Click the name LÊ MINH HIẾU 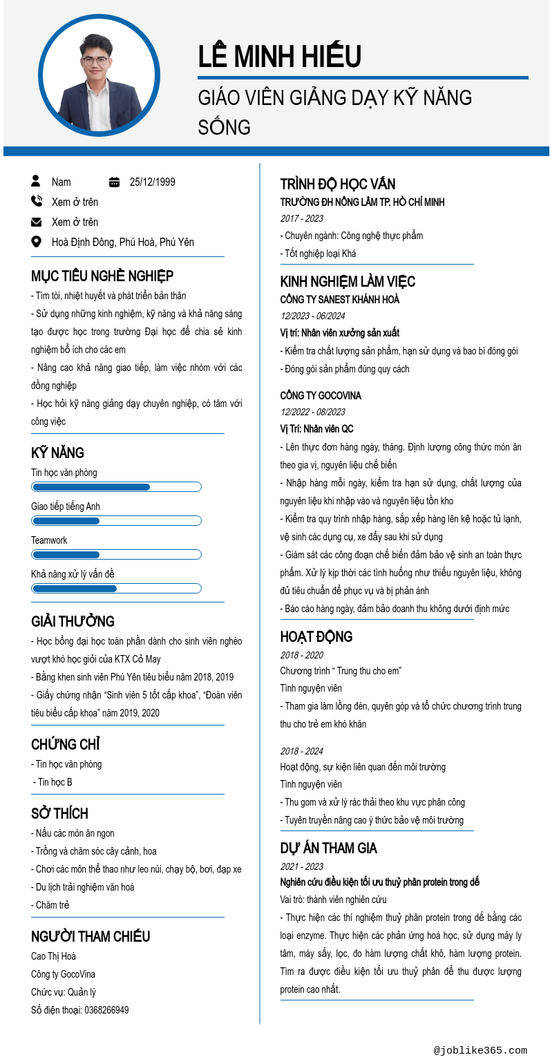coord(279,56)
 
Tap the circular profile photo coord(99,75)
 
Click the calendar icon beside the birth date coord(115,182)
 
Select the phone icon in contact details coord(37,202)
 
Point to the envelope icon coord(37,222)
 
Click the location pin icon coord(37,242)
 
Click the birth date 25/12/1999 coord(152,182)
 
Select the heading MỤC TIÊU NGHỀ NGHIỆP coord(102,276)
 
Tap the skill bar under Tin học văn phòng coord(116,487)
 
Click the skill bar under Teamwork coord(116,555)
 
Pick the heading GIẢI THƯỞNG coord(73,622)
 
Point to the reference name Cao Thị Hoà coord(53,956)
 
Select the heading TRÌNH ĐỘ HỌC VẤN coord(338,184)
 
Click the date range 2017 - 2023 coord(301,218)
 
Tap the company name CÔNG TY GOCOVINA coord(321,396)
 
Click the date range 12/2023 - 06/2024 coord(312,316)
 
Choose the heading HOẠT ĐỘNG coord(316,637)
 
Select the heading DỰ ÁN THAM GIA coord(328,848)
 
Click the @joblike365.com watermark coord(480,1050)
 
